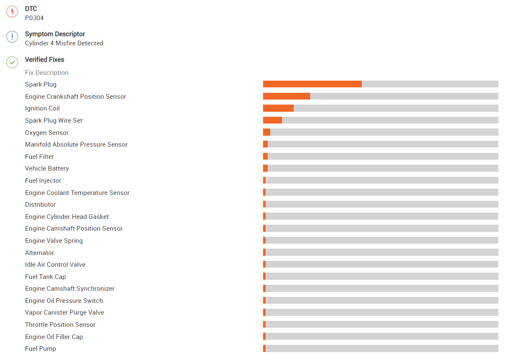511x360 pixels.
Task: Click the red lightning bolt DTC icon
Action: (x=12, y=12)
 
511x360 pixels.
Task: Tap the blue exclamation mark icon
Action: (x=12, y=37)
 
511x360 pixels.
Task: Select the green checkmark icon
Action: (x=12, y=63)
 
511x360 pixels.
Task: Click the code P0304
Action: (x=34, y=18)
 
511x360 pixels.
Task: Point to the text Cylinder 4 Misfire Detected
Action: (x=64, y=43)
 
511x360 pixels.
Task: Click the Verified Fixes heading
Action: (x=45, y=60)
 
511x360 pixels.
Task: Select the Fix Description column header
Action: (x=47, y=73)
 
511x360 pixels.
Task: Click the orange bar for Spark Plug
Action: (x=312, y=84)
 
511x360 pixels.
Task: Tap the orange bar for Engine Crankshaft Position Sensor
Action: (x=287, y=96)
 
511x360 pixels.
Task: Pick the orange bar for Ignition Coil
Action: (x=278, y=108)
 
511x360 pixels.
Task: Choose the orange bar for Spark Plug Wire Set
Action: (x=272, y=120)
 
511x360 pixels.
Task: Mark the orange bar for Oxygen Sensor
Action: (x=266, y=132)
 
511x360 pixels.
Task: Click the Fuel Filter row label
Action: (x=40, y=157)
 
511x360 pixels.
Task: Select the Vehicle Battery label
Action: (x=47, y=168)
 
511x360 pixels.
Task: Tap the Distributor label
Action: (x=40, y=205)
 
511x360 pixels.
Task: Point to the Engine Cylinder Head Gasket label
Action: (x=67, y=217)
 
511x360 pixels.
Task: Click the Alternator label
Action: (x=40, y=253)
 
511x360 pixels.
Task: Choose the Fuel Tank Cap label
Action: (x=45, y=277)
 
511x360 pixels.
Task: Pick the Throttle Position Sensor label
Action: (x=60, y=325)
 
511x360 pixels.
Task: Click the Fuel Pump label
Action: (x=40, y=349)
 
